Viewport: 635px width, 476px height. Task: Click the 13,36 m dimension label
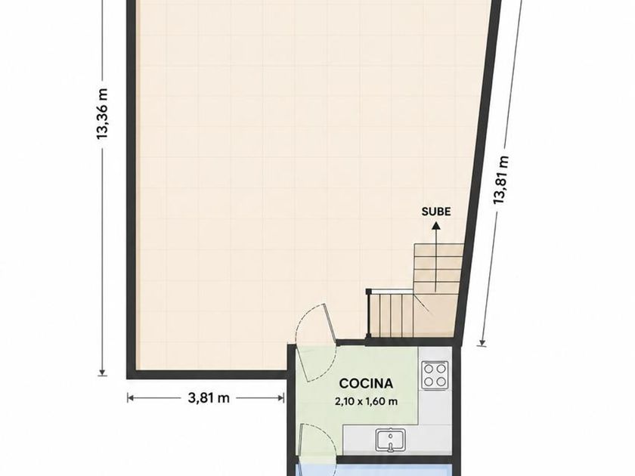[x=103, y=114]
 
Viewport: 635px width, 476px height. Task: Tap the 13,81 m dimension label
[x=501, y=180]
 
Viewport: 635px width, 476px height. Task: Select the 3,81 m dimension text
[x=209, y=398]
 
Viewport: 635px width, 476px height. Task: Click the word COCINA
[x=366, y=383]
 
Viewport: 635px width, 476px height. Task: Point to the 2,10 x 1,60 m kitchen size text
[x=366, y=401]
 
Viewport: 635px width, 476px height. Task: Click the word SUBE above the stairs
[x=436, y=212]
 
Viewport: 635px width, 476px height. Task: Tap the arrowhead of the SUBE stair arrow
[x=436, y=226]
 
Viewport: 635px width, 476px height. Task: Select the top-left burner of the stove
[x=429, y=369]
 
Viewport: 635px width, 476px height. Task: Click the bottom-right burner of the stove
[x=441, y=382]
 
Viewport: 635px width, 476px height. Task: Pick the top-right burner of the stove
[x=441, y=369]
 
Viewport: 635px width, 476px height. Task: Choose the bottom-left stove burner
[x=429, y=382]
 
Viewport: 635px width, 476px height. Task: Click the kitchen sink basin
[x=390, y=440]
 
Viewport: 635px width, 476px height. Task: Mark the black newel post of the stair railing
[x=369, y=292]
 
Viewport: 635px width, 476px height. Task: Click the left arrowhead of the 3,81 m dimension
[x=129, y=398]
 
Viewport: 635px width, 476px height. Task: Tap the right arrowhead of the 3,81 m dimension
[x=281, y=398]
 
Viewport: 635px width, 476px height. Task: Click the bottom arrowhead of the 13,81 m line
[x=482, y=343]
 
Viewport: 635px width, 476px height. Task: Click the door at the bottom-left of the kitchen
[x=317, y=444]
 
